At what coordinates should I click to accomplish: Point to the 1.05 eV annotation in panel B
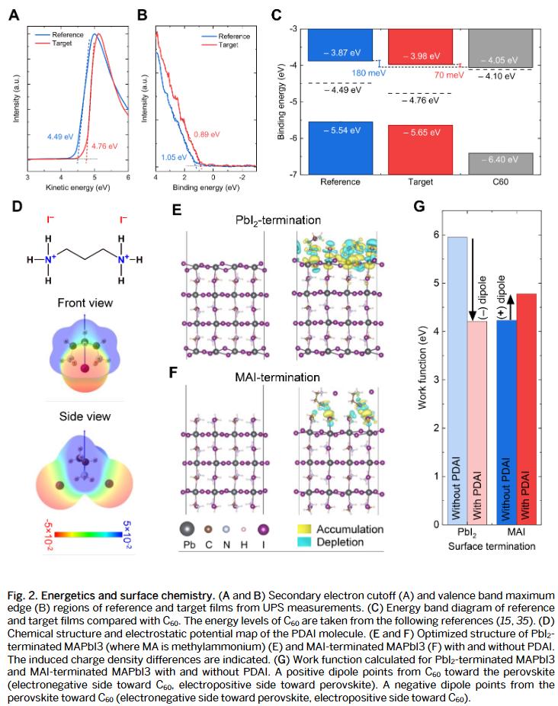[174, 157]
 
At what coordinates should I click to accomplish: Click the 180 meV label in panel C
[362, 73]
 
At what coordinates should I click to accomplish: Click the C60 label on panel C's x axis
[500, 183]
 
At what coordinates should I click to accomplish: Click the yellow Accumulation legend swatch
[307, 528]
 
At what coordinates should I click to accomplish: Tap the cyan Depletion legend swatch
[307, 542]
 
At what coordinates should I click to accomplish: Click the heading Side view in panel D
[85, 416]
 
